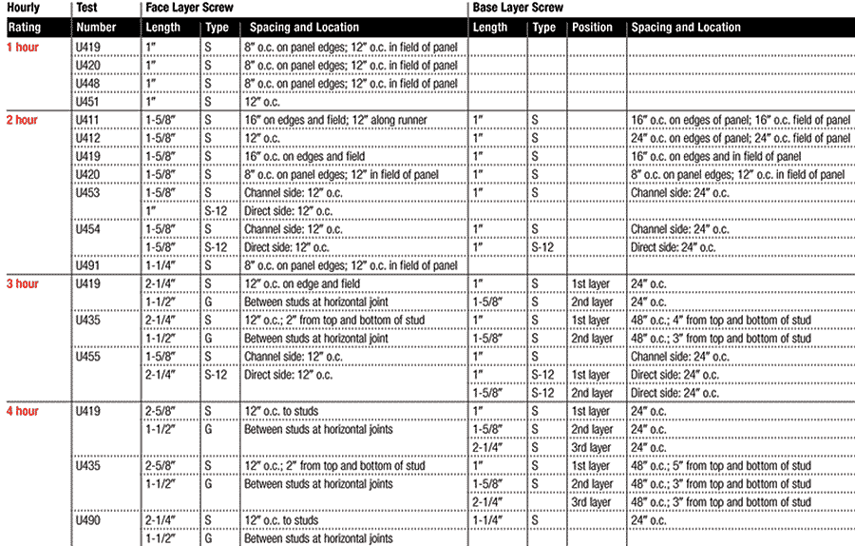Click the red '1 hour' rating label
tap(22, 47)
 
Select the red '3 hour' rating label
tap(22, 283)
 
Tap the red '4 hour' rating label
tap(22, 411)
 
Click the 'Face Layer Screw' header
tap(191, 8)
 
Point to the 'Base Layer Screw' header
tap(518, 8)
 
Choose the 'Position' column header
tap(595, 28)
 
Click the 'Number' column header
tap(96, 28)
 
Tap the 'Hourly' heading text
tap(23, 8)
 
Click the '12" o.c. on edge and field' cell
tap(303, 283)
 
